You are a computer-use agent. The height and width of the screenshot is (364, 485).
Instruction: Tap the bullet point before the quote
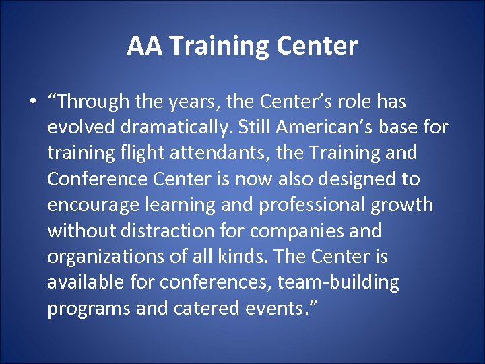32,102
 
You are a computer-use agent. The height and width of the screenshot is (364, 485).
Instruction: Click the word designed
364,179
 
